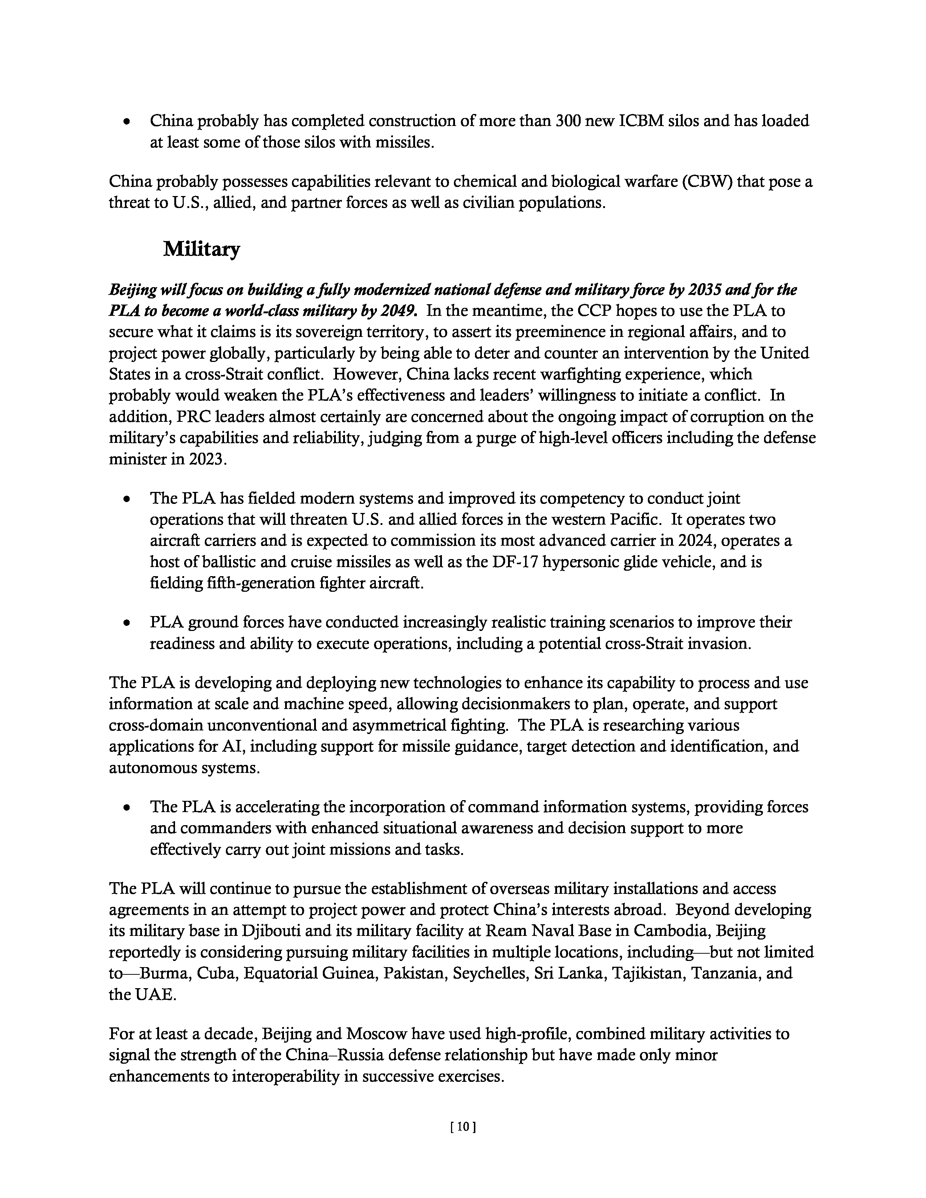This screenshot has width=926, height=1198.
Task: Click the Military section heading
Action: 201,250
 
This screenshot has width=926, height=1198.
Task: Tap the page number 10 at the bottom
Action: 462,1127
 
